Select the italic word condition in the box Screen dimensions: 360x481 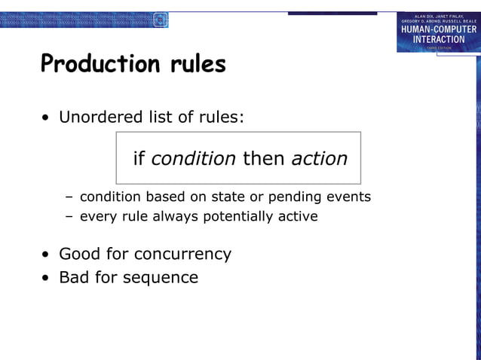(194, 159)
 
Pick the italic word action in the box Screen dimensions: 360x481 (319, 159)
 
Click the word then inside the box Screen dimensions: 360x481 (263, 159)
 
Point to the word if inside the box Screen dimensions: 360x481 (139, 159)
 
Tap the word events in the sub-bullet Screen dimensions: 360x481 (348, 197)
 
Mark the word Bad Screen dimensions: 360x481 (74, 277)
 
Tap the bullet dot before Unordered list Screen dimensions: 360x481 (47, 118)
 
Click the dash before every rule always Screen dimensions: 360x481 (69, 217)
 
